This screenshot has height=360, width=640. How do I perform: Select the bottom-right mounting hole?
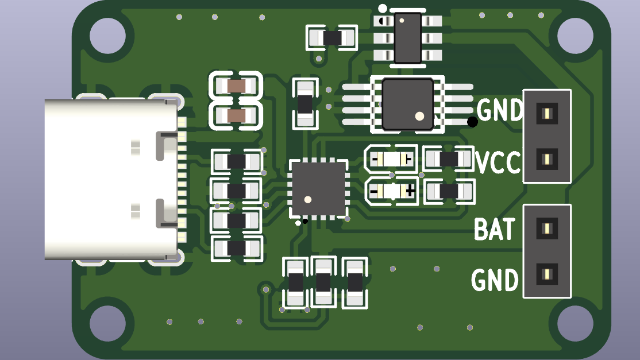coord(575,324)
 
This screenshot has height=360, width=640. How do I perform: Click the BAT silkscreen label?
coord(494,230)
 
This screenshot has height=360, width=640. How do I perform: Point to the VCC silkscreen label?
coord(498,162)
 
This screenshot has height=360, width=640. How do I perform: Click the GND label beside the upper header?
coord(499,110)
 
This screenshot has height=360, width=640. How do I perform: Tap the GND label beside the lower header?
coord(495,280)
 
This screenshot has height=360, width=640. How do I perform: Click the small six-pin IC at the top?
coord(408,38)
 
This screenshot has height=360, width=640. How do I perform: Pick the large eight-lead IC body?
coord(407,104)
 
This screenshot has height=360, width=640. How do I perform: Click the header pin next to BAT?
coord(547,229)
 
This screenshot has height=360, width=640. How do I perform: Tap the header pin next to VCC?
coord(547,159)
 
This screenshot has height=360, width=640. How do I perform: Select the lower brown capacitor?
coord(236,116)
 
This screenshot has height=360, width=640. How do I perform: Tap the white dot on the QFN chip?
coord(308,200)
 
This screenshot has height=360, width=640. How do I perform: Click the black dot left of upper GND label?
coord(472,121)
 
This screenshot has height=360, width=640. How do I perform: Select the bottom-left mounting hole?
coord(107,324)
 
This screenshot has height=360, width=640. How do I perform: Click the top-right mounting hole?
coord(575,36)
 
